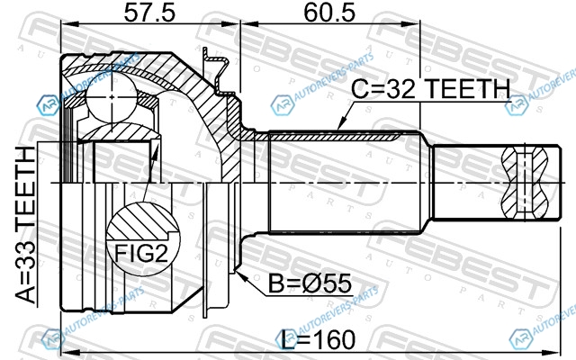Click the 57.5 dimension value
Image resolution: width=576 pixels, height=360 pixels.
pyautogui.click(x=149, y=13)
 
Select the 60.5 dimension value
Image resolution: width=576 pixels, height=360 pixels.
pyautogui.click(x=329, y=13)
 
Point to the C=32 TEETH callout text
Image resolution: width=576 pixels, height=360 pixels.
pyautogui.click(x=431, y=88)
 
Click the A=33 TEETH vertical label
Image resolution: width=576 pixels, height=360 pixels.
pyautogui.click(x=26, y=225)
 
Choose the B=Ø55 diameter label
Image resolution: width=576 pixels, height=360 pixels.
pyautogui.click(x=310, y=283)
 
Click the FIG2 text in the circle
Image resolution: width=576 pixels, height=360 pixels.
pyautogui.click(x=141, y=254)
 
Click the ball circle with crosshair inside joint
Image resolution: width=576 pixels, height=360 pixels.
pyautogui.click(x=112, y=97)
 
